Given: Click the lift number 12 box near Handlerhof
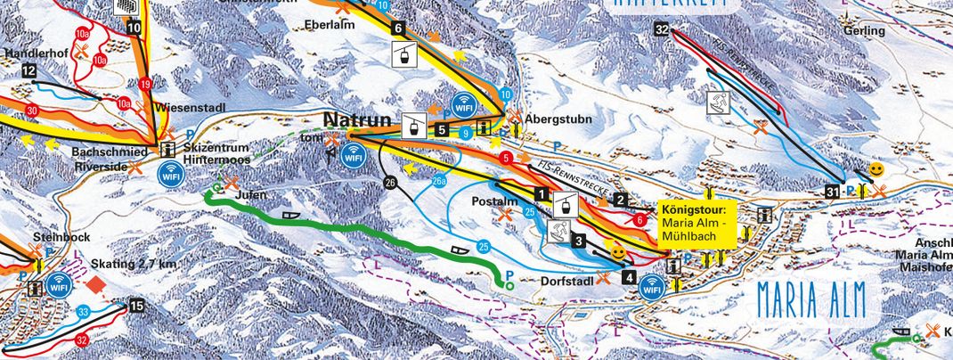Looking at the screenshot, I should pos(29,71).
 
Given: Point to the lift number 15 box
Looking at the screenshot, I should pos(135,307).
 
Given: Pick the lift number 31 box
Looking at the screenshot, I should pos(833,190).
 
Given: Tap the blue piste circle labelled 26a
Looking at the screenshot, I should pos(439,182).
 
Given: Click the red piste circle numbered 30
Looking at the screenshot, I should pos(32,110).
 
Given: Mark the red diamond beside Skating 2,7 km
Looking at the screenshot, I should pos(96,285).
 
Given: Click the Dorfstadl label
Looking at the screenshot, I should pos(566,278).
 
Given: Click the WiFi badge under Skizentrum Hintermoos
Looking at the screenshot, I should pos(171,175).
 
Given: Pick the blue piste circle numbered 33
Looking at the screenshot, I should pos(83,311).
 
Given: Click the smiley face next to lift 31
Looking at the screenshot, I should pos(877,169).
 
